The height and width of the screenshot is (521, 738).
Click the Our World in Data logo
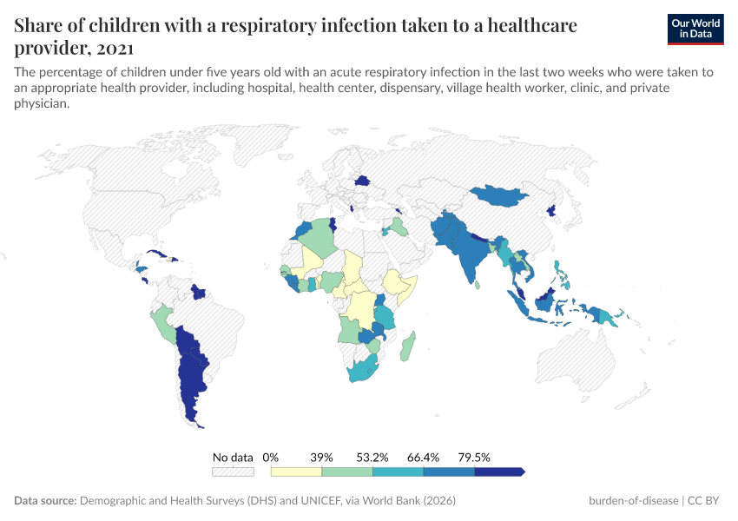tap(695, 29)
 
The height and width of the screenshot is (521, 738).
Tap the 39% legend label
tap(322, 457)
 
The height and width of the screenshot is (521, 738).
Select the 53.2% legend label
tap(372, 457)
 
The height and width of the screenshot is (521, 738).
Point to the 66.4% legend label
tap(424, 457)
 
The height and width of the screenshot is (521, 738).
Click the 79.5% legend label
tap(475, 457)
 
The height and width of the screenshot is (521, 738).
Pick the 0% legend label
tap(271, 457)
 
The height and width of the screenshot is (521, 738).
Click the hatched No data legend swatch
tap(233, 472)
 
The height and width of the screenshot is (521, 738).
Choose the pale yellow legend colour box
tap(296, 472)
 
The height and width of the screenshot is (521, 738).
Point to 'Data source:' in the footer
tap(45, 501)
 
